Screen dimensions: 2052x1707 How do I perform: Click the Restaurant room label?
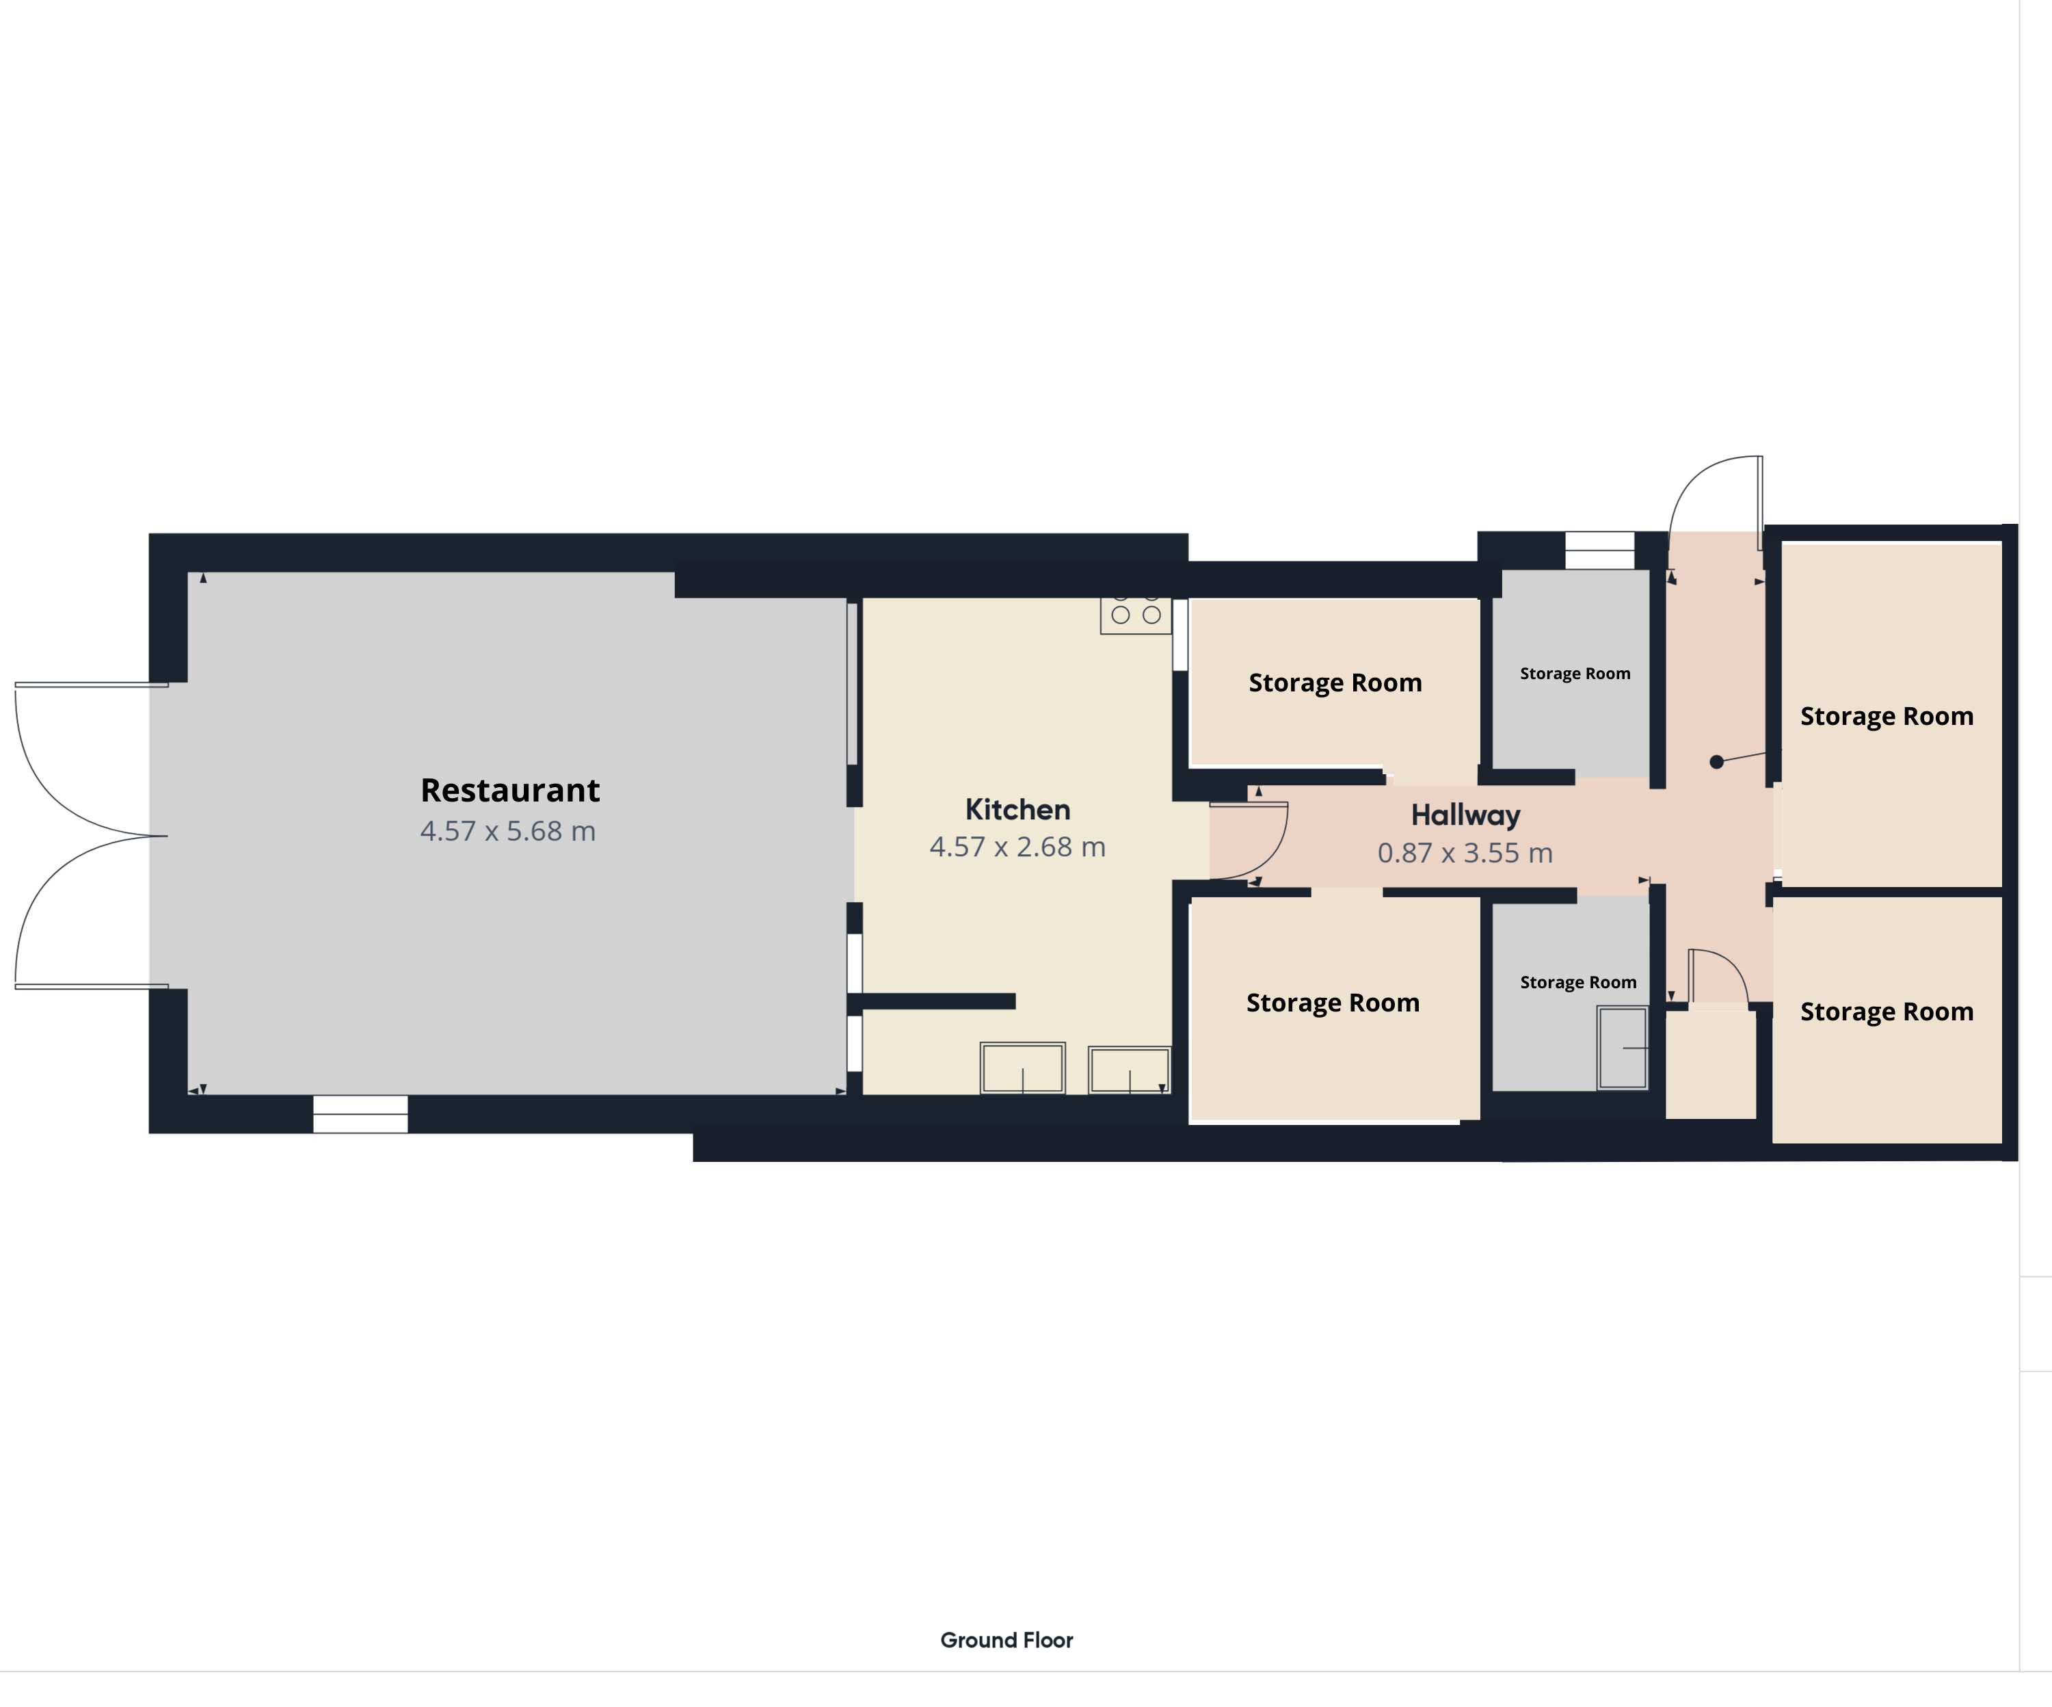click(x=510, y=789)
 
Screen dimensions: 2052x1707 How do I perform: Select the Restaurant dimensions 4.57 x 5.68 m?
click(x=508, y=832)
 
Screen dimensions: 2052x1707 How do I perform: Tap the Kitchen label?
click(x=1017, y=809)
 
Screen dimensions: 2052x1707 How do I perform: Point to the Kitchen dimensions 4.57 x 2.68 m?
click(x=1017, y=847)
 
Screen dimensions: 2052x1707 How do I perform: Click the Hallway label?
click(x=1466, y=815)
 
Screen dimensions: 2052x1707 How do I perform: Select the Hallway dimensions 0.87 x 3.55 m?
click(x=1465, y=853)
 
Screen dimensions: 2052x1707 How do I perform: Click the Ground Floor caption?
click(x=1007, y=1639)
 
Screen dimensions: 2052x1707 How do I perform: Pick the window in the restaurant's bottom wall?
click(x=360, y=1114)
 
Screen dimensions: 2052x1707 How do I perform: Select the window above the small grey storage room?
click(x=1599, y=550)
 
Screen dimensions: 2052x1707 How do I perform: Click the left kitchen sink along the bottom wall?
click(x=1022, y=1068)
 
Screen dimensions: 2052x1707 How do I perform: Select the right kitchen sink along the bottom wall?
click(x=1130, y=1070)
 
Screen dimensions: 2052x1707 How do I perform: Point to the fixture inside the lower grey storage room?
click(x=1622, y=1048)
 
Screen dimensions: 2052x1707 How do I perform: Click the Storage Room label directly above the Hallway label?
click(x=1335, y=683)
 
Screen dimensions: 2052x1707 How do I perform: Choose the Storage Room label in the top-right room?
click(x=1886, y=716)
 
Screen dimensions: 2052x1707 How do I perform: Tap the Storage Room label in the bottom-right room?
click(x=1886, y=1011)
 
